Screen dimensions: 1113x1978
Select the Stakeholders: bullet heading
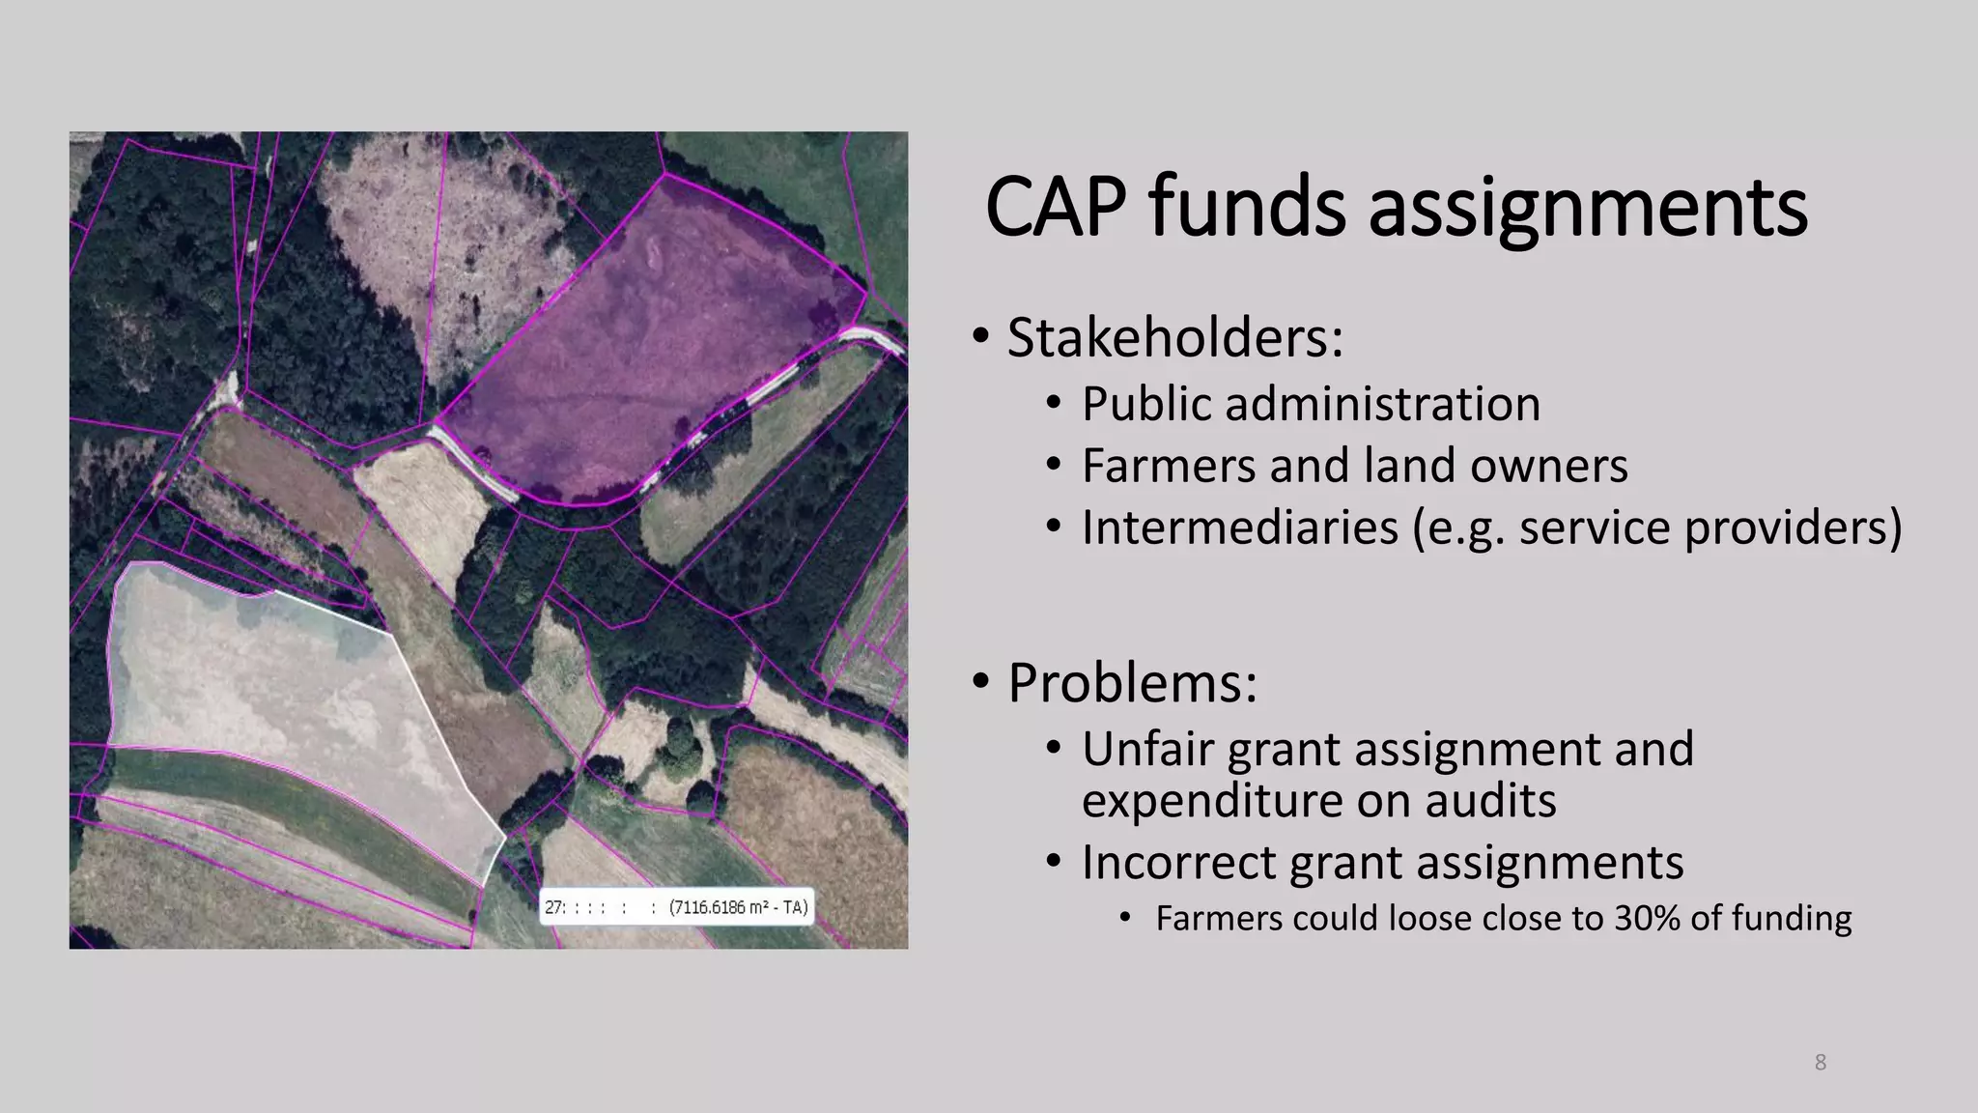[x=1174, y=337]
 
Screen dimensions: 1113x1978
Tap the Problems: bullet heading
[x=1132, y=683]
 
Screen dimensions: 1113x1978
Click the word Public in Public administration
[x=1145, y=404]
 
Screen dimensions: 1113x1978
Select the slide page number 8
[x=1820, y=1063]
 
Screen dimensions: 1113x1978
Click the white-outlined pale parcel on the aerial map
[x=280, y=696]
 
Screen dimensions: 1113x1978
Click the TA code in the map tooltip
[x=794, y=908]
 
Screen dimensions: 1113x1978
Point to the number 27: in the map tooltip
[x=554, y=908]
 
